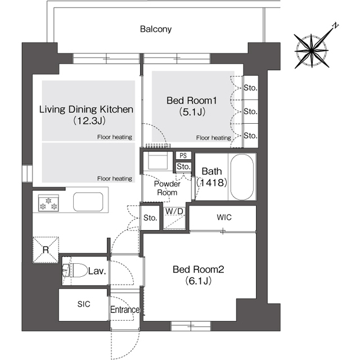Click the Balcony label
(156, 29)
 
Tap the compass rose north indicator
(336, 25)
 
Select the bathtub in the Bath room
(242, 177)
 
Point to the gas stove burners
(48, 203)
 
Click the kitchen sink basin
(88, 201)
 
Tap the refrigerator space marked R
(46, 250)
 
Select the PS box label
(183, 155)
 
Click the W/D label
(174, 211)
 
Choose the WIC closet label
(224, 217)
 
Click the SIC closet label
(84, 304)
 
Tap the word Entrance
(125, 309)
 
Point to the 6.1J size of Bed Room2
(199, 281)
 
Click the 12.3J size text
(89, 120)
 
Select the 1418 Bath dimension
(211, 182)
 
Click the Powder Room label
(167, 188)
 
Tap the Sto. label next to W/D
(150, 218)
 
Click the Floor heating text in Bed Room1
(214, 138)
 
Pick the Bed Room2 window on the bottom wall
(191, 326)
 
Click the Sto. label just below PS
(183, 166)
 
